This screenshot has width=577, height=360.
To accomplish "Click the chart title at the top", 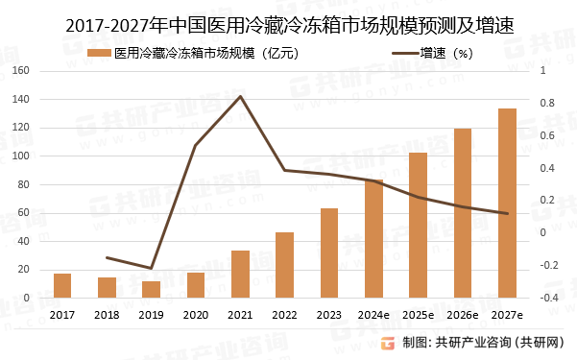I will tap(289, 27).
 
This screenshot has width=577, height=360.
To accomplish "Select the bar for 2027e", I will tap(507, 204).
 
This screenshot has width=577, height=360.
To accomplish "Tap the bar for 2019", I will tap(151, 289).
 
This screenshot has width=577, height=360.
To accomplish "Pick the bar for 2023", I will tap(329, 252).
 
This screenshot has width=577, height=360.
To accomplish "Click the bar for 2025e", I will tap(418, 226).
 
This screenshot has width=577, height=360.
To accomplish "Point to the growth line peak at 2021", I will tap(240, 96).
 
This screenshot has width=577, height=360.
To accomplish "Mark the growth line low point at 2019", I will tap(151, 268).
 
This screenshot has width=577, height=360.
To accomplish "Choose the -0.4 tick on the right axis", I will tap(549, 298).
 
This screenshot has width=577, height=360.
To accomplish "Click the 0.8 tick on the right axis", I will tap(547, 104).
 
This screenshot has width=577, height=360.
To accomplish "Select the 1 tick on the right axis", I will tap(543, 71).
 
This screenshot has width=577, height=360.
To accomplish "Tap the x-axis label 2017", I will tap(62, 314).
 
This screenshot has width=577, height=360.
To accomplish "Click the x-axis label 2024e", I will tap(373, 314).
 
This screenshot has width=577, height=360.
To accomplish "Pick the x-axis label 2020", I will tap(195, 314).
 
